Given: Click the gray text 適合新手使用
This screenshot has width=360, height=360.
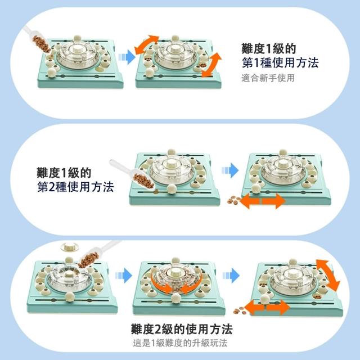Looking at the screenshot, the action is (268, 78).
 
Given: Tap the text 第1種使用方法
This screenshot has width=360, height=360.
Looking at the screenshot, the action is (280, 62).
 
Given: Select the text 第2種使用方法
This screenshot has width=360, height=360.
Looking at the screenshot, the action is (75, 187).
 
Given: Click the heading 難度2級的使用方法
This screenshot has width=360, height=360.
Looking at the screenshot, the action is (182, 329).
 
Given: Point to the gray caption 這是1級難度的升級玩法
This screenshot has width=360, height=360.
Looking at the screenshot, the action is (180, 343).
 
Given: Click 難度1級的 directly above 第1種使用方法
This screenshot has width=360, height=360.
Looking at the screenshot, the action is (269, 48).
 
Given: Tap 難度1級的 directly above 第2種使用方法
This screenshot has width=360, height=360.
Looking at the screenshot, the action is (64, 173).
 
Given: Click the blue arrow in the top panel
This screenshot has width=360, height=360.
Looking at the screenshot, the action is (127, 57).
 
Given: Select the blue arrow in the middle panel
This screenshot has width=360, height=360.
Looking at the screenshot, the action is (230, 170).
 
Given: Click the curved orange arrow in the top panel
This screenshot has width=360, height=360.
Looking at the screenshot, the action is (147, 43).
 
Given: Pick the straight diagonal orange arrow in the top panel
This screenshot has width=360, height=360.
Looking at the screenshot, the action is (211, 65).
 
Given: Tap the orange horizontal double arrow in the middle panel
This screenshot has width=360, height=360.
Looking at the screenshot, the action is (263, 201).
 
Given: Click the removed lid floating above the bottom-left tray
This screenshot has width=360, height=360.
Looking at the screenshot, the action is (69, 247).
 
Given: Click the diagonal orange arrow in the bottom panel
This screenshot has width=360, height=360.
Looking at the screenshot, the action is (327, 275).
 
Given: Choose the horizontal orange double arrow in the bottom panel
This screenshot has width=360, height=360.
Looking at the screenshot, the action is (267, 307).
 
